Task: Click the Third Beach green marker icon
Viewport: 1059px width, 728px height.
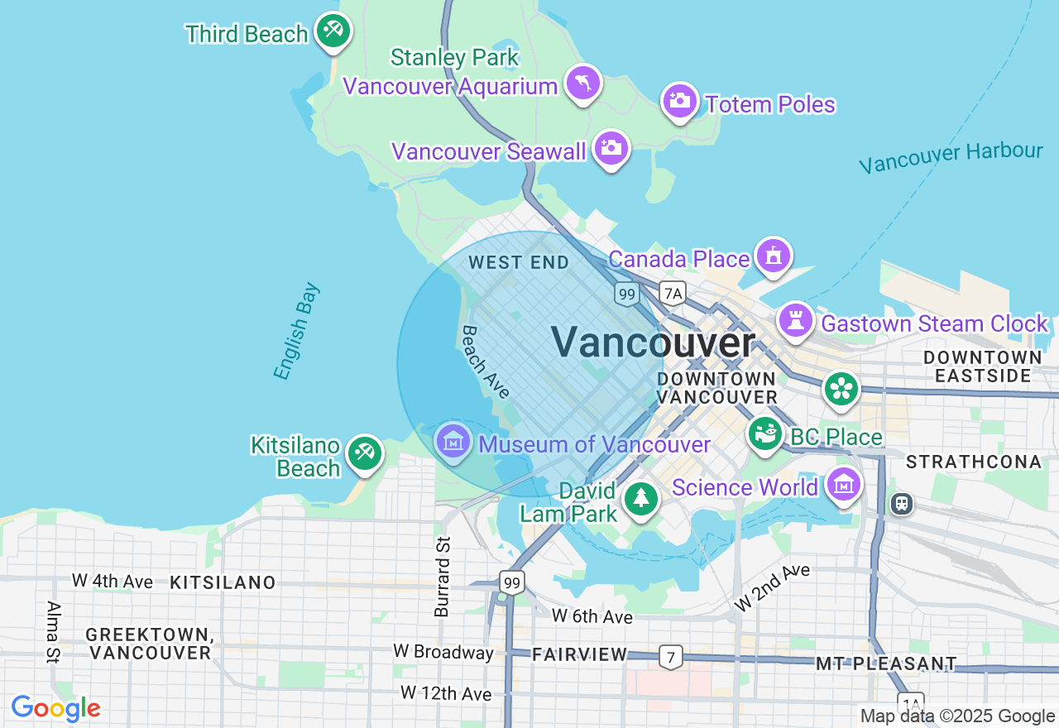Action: click(x=333, y=31)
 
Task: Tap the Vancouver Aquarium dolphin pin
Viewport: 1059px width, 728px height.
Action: click(x=583, y=83)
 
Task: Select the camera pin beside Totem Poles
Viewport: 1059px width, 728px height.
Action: click(x=680, y=101)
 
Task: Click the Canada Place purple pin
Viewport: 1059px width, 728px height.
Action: click(x=773, y=256)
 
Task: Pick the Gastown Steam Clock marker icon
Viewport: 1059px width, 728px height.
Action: click(x=796, y=320)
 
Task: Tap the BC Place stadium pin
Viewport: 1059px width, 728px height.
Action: click(x=766, y=433)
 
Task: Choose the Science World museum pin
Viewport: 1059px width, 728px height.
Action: click(x=843, y=486)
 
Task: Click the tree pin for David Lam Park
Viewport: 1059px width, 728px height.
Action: click(x=640, y=498)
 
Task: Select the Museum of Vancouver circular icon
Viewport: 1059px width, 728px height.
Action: click(x=453, y=441)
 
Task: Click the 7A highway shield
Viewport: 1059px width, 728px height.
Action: click(x=673, y=292)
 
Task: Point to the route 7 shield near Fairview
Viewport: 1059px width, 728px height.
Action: click(x=671, y=658)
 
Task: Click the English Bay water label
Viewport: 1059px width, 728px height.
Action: click(x=296, y=332)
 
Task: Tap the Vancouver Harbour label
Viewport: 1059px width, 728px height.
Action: click(x=951, y=157)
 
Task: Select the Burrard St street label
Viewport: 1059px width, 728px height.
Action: click(x=443, y=576)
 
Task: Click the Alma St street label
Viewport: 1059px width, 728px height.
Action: click(x=54, y=632)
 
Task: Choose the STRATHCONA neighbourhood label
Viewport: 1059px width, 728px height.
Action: click(x=972, y=461)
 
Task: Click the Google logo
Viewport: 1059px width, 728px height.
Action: click(x=56, y=709)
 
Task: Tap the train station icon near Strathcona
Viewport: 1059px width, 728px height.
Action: click(x=902, y=503)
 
